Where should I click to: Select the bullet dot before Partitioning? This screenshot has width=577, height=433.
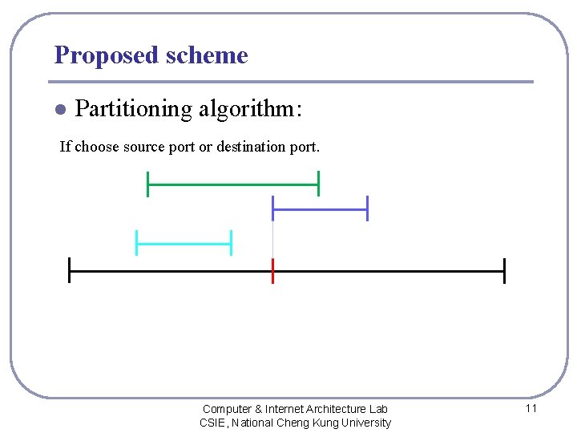[59, 109]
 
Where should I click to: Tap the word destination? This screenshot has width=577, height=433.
[254, 147]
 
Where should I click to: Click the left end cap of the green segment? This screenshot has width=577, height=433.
[147, 184]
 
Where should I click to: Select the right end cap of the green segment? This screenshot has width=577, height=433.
[318, 184]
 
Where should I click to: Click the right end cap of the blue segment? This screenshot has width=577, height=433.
[367, 208]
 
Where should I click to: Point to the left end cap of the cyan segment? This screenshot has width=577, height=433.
[136, 242]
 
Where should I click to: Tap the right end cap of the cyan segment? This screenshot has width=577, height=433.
[231, 242]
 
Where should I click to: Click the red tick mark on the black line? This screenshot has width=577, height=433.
[272, 271]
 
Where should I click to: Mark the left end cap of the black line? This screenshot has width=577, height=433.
[70, 271]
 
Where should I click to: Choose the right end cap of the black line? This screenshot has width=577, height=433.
[504, 271]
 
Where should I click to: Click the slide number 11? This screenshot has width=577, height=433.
[531, 408]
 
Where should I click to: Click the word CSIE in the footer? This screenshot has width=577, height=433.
[212, 423]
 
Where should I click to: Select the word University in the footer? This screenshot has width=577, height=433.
[365, 423]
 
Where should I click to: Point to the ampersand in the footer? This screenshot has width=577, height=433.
[259, 409]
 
